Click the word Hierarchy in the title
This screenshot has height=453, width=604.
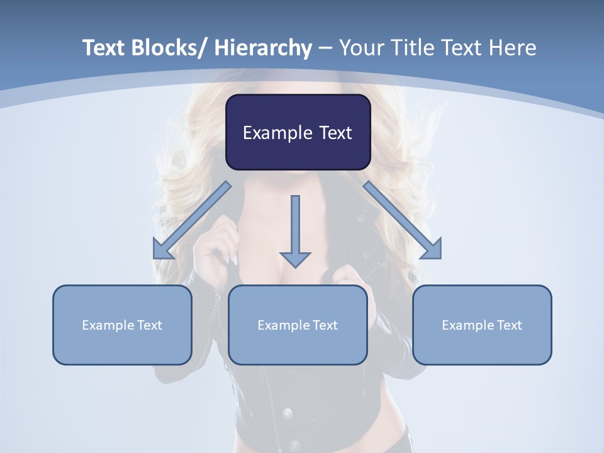click(x=263, y=48)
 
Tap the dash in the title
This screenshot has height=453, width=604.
click(x=325, y=48)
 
